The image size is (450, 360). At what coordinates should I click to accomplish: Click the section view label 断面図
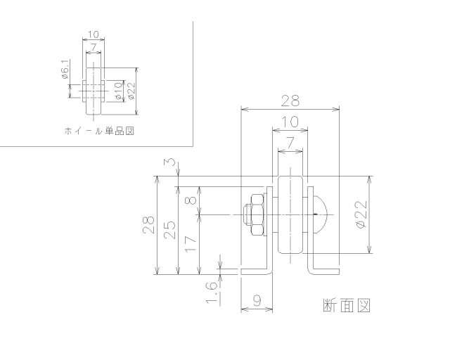pos(345,305)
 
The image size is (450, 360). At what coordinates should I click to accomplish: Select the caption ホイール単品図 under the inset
pos(98,131)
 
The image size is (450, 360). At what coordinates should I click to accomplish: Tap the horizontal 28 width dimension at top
pos(290,101)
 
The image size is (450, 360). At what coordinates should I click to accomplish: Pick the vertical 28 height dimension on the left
pos(148,225)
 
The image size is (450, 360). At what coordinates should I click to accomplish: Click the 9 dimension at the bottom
pos(257,300)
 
